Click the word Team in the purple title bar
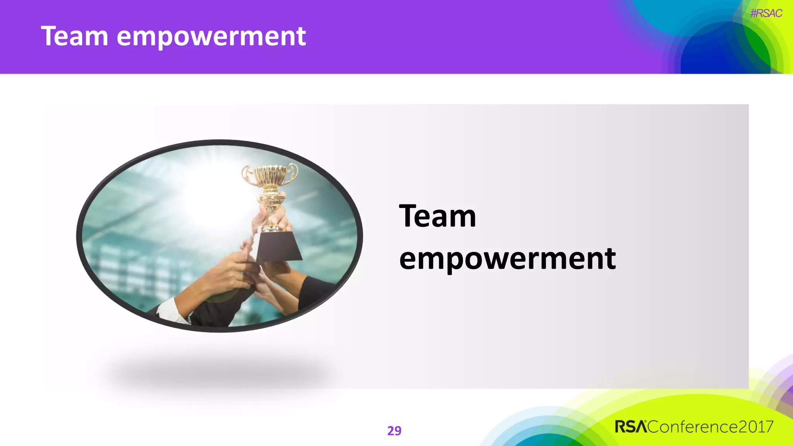point(74,36)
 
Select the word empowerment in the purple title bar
point(211,37)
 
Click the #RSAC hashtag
point(766,14)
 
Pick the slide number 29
point(394,431)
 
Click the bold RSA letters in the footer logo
point(631,427)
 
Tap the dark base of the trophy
point(278,247)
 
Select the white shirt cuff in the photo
point(170,310)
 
